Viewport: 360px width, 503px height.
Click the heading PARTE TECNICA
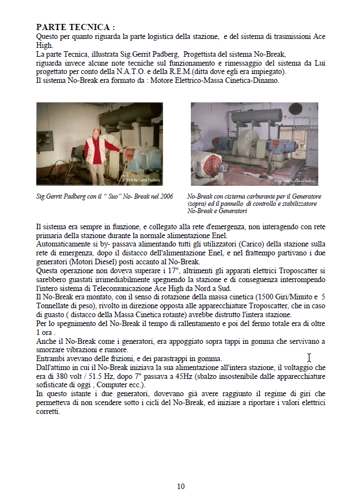76,27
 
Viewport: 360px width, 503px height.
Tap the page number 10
181,486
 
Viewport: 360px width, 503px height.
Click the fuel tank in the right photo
255,117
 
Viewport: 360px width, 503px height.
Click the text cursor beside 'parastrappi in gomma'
309,358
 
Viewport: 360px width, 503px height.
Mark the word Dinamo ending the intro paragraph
266,80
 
